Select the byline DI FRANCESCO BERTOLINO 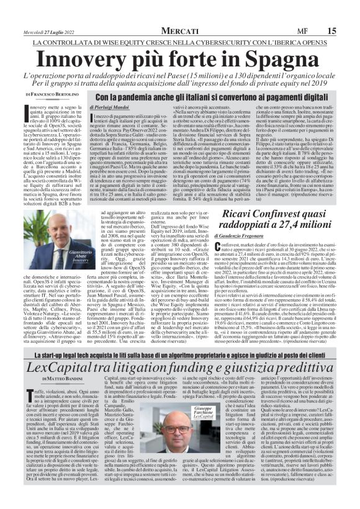[52, 94]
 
